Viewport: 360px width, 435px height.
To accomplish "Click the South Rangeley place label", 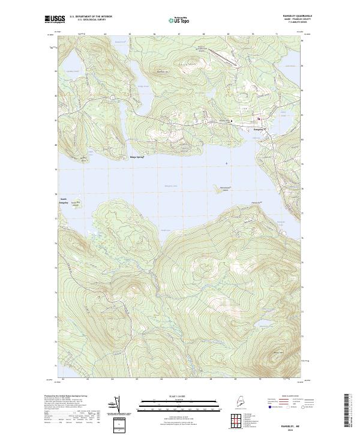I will pos(64,201).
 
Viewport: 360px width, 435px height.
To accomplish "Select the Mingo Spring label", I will pos(137,157).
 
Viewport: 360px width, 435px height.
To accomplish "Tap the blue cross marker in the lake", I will pos(226,163).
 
